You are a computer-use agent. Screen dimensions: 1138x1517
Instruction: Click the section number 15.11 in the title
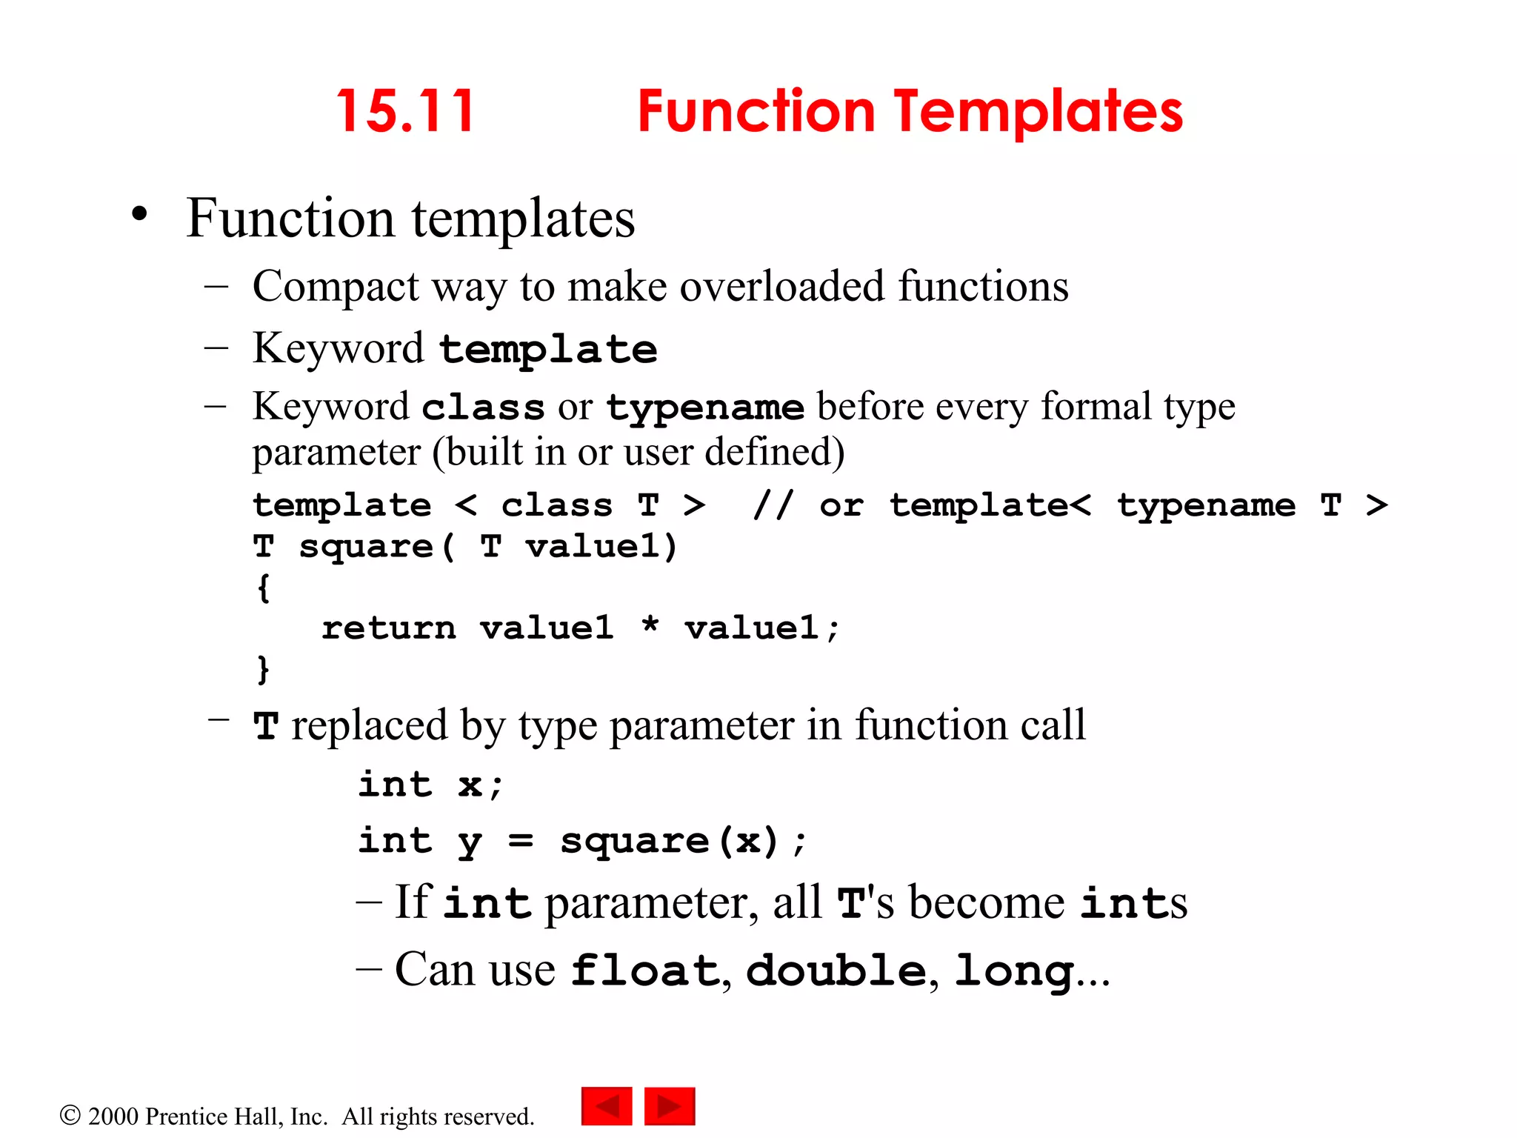pos(405,112)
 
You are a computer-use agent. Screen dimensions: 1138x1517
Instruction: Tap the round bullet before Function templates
pos(139,215)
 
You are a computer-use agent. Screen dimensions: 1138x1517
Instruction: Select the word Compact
pos(336,287)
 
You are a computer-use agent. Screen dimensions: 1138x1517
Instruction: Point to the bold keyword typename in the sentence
pos(704,408)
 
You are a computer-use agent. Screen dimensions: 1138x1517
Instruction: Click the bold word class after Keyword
pos(483,408)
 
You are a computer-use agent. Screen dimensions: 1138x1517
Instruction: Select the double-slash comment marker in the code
pos(773,505)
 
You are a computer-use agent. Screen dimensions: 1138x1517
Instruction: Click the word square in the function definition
pos(366,548)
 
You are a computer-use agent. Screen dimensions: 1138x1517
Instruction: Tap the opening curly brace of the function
pos(263,588)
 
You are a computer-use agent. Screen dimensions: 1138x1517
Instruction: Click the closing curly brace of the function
pos(263,669)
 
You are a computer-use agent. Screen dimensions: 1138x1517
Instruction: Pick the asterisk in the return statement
pos(650,626)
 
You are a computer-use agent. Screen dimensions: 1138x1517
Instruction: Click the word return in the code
pos(388,629)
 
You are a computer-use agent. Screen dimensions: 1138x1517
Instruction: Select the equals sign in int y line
pos(520,841)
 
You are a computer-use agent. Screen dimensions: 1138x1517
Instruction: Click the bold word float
pos(645,971)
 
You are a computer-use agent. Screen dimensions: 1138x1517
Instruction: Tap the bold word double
pos(836,971)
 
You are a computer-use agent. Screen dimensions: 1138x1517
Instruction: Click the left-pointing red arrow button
pos(607,1106)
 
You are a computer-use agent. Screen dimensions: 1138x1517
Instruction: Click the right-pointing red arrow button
pos(670,1106)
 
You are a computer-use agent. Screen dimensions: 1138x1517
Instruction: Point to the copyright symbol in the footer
pos(70,1115)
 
